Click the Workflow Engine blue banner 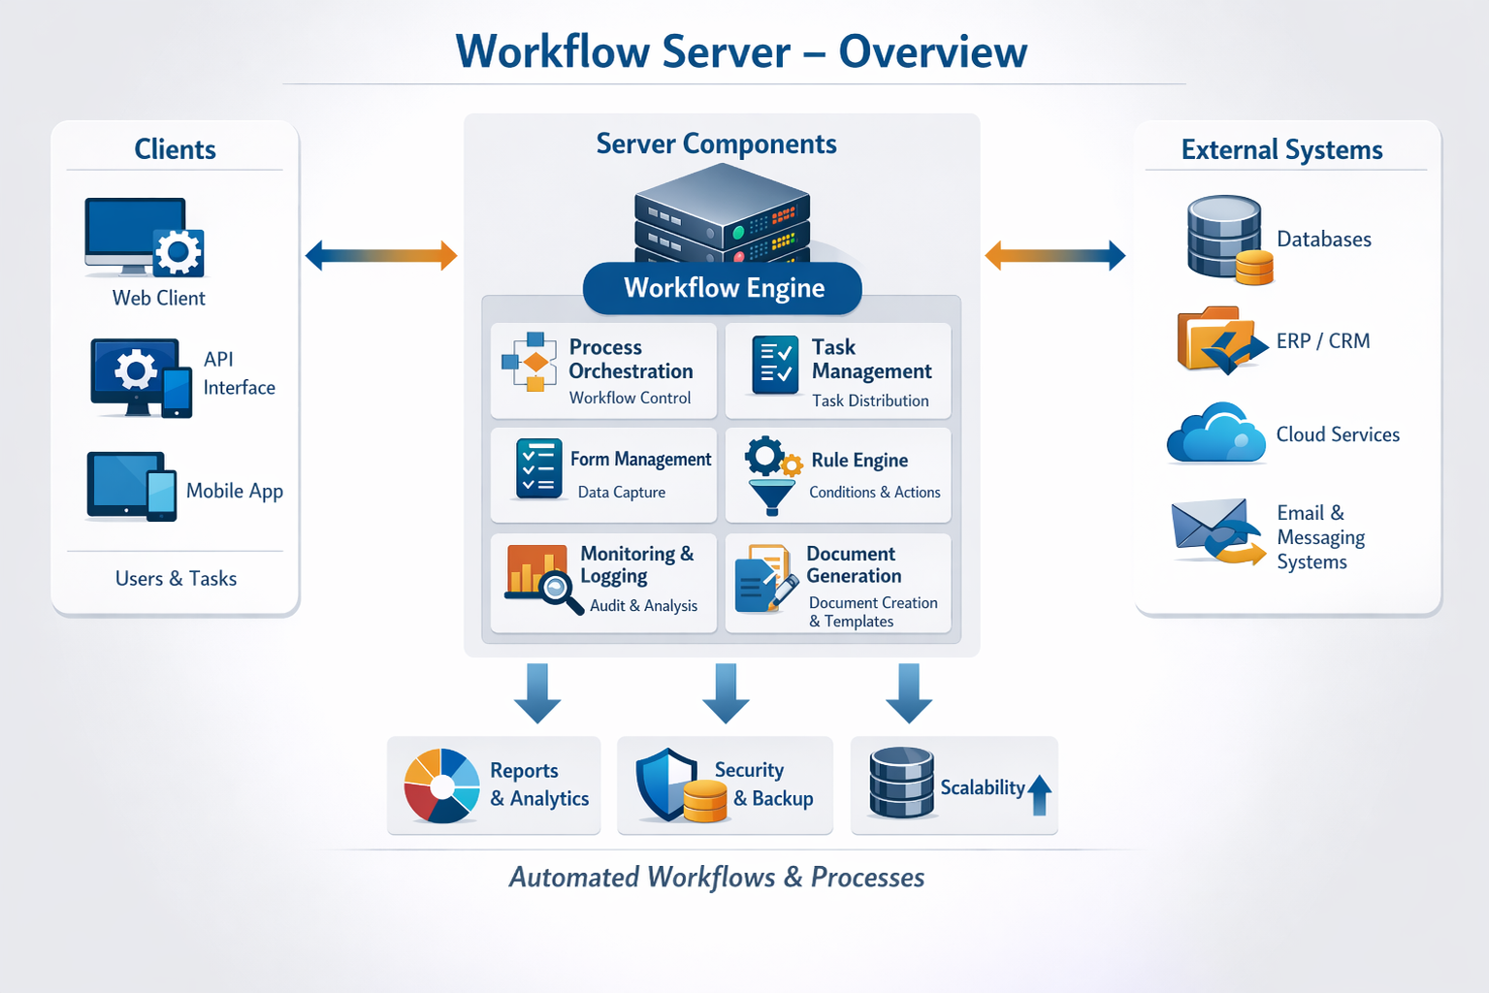tap(723, 288)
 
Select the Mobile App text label tap(234, 491)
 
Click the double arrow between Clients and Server tap(380, 256)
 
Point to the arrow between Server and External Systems tap(1054, 256)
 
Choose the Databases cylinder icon tap(1224, 238)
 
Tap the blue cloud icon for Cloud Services tap(1216, 434)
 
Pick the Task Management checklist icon tap(775, 366)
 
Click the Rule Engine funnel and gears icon tap(772, 474)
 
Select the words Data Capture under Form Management tap(621, 493)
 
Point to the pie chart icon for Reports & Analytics tap(441, 785)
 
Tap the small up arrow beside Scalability tap(1039, 794)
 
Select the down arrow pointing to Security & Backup tap(726, 693)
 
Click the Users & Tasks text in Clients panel tap(176, 579)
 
